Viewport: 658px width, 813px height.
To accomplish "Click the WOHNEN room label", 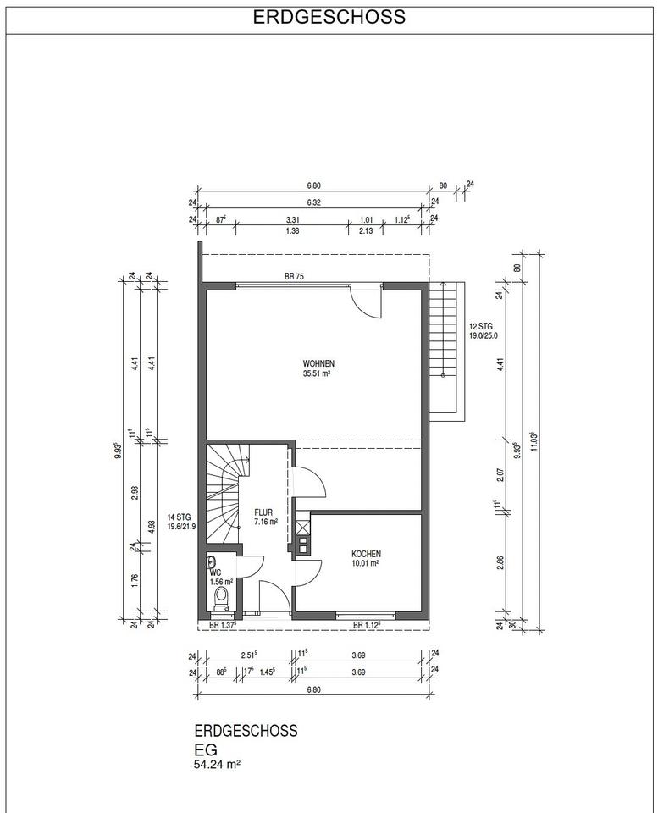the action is [x=318, y=363].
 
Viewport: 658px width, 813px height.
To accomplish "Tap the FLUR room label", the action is [x=263, y=513].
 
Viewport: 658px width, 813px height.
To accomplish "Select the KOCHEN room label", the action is [x=366, y=554].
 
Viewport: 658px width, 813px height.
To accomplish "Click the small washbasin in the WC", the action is [x=211, y=561].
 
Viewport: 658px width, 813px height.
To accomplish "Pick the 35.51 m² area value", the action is [x=317, y=373].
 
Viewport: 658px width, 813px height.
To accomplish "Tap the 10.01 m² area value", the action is [x=364, y=563].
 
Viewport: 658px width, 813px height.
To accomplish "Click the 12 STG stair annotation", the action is [x=481, y=327].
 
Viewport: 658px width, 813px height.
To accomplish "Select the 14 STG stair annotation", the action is [x=179, y=517].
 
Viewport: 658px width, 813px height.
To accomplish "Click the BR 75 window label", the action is [x=294, y=277].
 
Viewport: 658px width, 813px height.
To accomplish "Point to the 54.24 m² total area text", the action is [x=218, y=764].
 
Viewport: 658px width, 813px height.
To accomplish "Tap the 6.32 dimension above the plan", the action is [x=313, y=202].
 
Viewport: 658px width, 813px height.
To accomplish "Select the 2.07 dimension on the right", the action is [x=500, y=475].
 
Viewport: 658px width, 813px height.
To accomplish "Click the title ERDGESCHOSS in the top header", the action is [x=329, y=17].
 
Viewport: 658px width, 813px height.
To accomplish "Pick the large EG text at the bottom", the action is [x=206, y=749].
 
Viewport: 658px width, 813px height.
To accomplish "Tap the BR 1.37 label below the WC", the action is [x=223, y=625].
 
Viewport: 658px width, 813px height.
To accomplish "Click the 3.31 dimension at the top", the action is [x=293, y=220].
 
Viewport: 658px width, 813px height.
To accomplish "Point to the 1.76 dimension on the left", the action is [x=135, y=579].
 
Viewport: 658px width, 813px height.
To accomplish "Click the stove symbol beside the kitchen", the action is [x=302, y=547].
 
